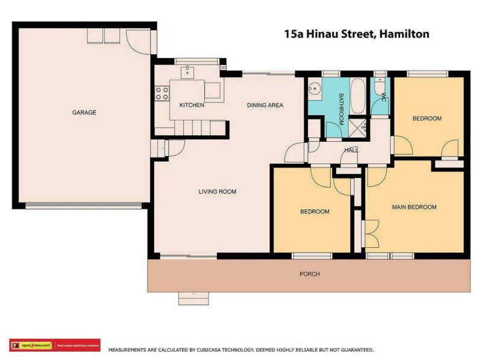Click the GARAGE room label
(x=84, y=112)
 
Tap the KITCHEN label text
(x=192, y=105)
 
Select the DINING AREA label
(x=264, y=105)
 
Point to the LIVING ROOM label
(x=218, y=192)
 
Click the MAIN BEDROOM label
(x=414, y=207)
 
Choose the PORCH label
(x=310, y=274)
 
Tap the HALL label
(x=351, y=150)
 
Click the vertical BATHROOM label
(x=340, y=109)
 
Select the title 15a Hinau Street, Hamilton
(x=357, y=34)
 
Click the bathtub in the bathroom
(x=358, y=96)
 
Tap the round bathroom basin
(x=313, y=89)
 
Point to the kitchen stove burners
(x=162, y=93)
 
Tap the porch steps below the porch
(x=193, y=298)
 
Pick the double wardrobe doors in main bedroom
(x=371, y=234)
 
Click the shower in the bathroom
(x=364, y=127)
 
